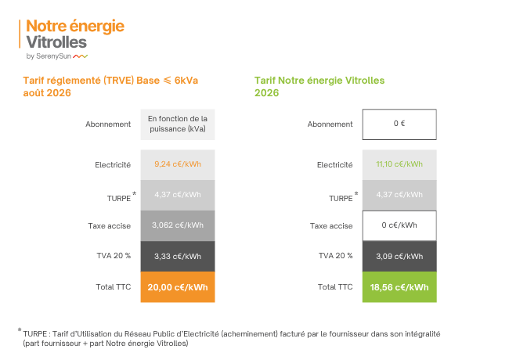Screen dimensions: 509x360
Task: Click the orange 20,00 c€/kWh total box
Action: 178,287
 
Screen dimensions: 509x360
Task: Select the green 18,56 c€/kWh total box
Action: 399,287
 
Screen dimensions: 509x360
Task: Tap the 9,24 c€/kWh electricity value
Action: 178,164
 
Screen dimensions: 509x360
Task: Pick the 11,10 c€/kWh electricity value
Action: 399,164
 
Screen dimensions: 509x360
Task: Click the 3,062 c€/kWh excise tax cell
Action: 178,225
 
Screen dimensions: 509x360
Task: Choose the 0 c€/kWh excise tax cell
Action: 399,225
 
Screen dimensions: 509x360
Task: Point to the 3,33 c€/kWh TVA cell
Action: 178,256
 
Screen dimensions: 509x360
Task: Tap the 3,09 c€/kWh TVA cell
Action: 399,256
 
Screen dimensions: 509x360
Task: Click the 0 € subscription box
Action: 399,124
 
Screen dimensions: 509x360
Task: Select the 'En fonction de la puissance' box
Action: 178,124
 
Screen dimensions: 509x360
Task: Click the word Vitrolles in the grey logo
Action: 56,42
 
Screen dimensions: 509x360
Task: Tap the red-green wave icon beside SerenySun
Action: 80,56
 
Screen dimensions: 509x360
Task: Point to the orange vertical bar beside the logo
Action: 20,34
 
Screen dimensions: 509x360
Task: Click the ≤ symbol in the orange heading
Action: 167,80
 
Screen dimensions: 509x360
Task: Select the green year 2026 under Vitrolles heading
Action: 266,93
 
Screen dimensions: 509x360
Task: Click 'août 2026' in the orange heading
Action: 47,93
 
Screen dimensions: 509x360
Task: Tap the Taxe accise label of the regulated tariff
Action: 109,225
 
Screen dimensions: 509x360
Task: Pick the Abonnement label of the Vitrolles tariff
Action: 330,124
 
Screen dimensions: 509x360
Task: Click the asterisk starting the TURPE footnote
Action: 20,330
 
